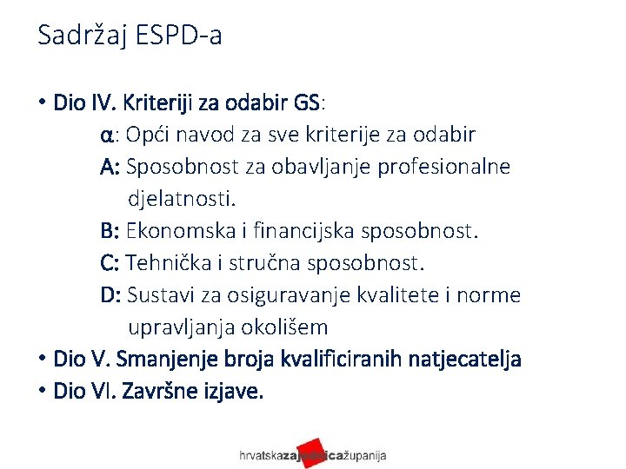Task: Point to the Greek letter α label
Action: click(x=106, y=136)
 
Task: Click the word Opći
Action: click(x=149, y=135)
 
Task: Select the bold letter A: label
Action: click(x=110, y=167)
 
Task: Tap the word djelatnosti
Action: click(x=181, y=199)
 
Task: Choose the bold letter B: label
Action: click(x=110, y=231)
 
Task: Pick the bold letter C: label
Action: click(x=110, y=263)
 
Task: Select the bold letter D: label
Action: click(x=111, y=295)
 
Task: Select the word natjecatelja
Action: click(x=471, y=359)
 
